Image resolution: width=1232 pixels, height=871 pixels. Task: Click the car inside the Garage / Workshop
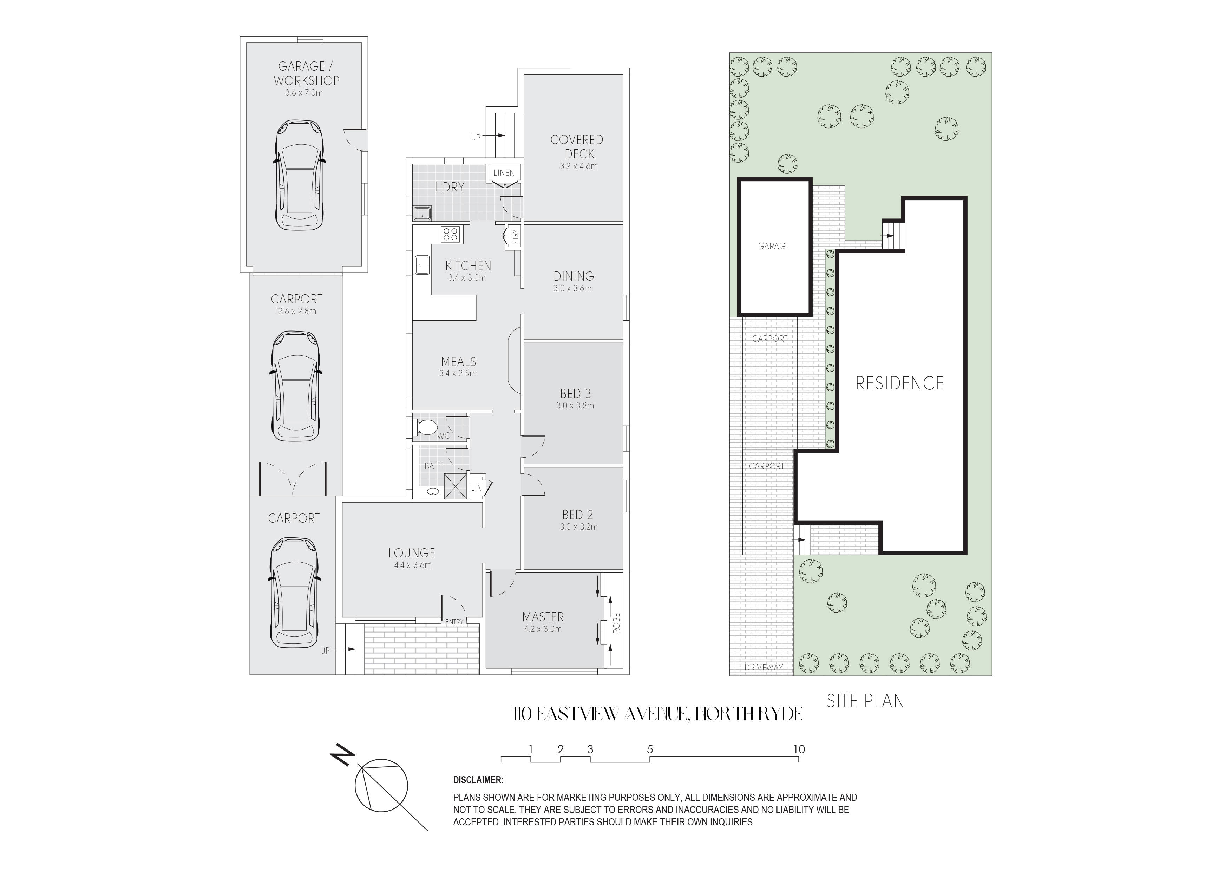300,175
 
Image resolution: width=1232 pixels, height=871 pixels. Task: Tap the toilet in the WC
426,428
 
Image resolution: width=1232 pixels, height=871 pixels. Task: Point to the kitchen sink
422,264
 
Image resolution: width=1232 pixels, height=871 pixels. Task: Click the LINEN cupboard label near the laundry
504,173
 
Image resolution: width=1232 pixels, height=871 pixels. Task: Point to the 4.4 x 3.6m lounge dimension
412,565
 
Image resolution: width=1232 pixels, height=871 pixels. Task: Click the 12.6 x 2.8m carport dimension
296,311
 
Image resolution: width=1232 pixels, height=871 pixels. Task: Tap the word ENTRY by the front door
454,621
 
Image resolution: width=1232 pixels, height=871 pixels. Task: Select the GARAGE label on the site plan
774,246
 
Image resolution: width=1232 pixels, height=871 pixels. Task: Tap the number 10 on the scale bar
799,749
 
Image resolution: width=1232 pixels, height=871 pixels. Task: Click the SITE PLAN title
865,701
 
